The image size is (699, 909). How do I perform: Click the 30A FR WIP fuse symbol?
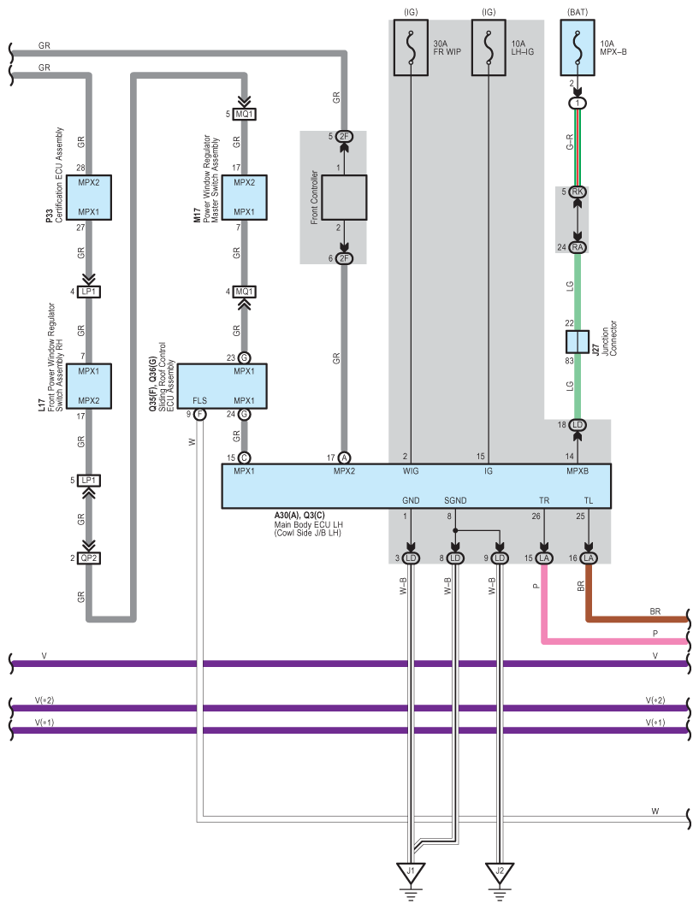coord(411,48)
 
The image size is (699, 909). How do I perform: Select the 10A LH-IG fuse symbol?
coord(489,48)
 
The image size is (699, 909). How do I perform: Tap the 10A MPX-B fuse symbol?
coord(578,48)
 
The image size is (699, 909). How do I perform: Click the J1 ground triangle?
coord(411,873)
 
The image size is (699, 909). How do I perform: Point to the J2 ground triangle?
coord(500,873)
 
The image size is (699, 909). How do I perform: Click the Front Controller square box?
coord(344,198)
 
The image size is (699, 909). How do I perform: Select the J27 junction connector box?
coord(578,341)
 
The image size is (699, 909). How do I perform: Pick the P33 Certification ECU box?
coord(89,198)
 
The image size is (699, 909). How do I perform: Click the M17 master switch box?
coord(244,198)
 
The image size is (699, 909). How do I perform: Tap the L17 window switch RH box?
coord(89,387)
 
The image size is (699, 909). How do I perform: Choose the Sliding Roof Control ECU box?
coord(222,387)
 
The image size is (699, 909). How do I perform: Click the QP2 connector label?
coord(89,558)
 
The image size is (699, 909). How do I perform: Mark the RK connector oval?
coord(578,192)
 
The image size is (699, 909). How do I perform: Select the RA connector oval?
coord(578,247)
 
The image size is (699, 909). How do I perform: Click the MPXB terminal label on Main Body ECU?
coord(578,471)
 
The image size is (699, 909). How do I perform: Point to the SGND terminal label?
coord(455,500)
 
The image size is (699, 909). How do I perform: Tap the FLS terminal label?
coord(199,400)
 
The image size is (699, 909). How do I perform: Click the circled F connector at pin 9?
coord(199,415)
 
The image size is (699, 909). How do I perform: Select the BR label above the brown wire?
coord(655,611)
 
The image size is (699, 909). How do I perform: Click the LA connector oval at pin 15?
coord(544,558)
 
